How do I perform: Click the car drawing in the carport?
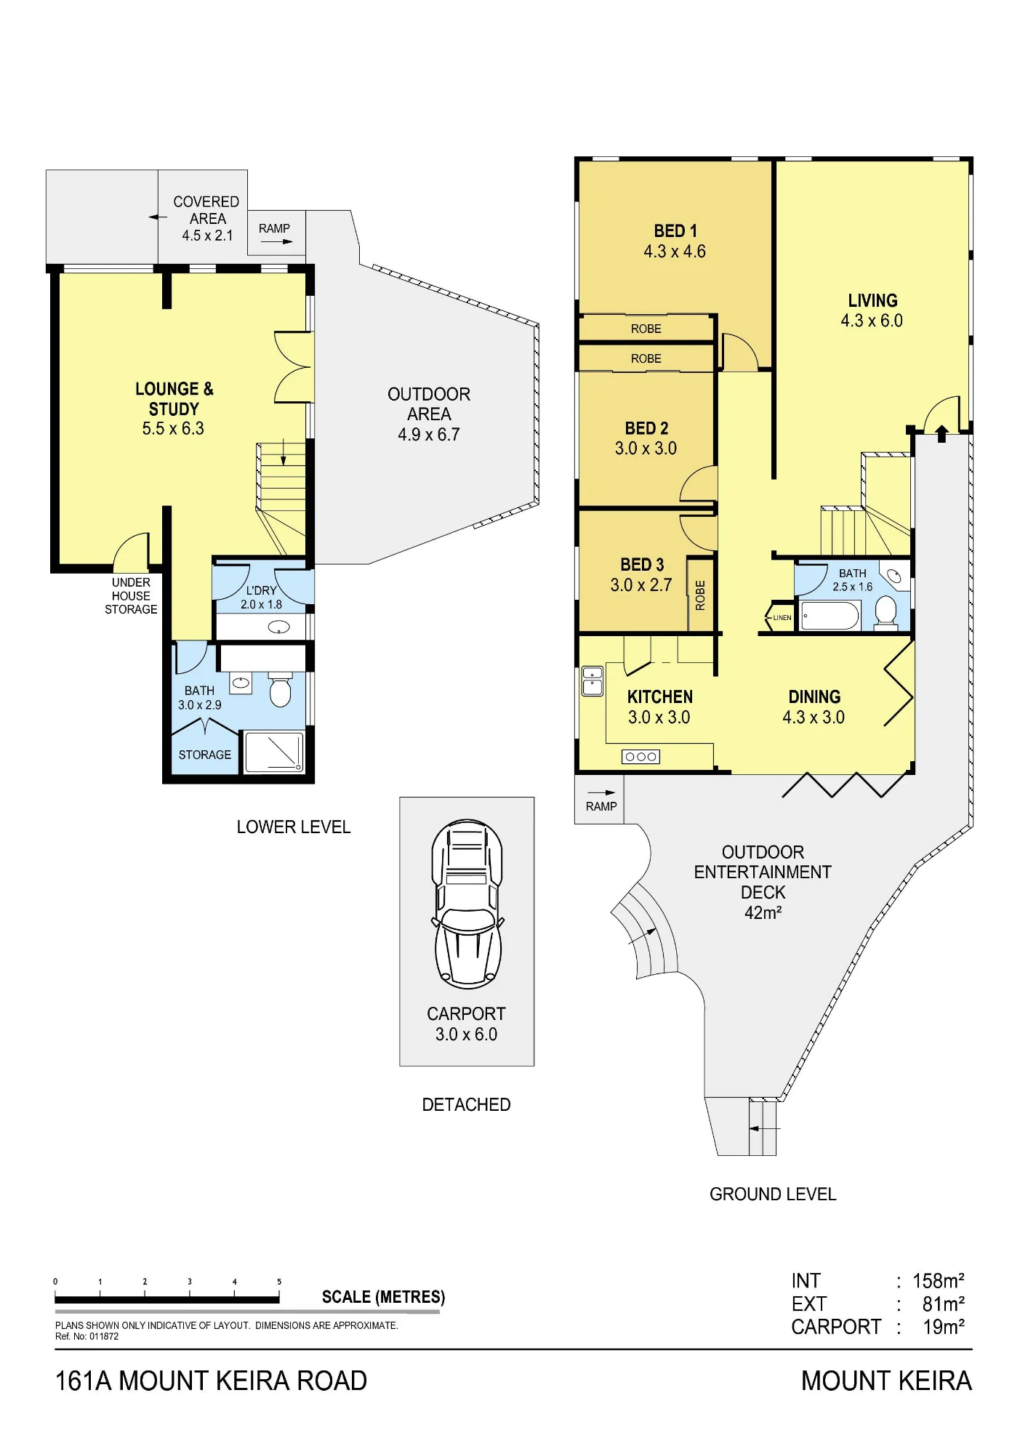tap(467, 904)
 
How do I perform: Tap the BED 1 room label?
tap(675, 231)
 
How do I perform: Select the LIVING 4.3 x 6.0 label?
tap(872, 310)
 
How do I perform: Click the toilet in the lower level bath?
tap(281, 690)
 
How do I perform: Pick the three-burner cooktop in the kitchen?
tap(641, 757)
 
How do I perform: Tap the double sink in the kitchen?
tap(593, 681)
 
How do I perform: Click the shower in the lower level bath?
tap(274, 752)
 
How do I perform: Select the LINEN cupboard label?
tap(782, 618)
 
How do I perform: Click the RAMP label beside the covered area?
tap(274, 228)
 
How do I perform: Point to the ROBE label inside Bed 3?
tap(701, 595)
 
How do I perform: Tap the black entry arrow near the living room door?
tap(941, 434)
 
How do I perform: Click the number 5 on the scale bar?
tap(279, 1282)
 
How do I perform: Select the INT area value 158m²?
tap(939, 1281)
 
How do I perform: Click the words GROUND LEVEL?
tap(773, 1194)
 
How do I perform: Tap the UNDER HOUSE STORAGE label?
tap(131, 596)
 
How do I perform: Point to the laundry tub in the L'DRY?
tap(279, 627)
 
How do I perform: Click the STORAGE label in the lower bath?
tap(205, 755)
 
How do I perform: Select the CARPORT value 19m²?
tap(944, 1328)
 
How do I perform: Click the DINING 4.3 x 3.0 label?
tap(814, 707)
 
